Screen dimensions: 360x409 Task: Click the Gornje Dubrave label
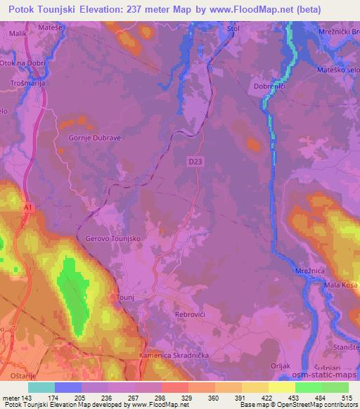(95, 138)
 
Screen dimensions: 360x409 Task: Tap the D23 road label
(196, 162)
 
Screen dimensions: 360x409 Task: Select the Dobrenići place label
(269, 86)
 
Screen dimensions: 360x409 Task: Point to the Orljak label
(280, 366)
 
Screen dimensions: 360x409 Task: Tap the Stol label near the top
(233, 28)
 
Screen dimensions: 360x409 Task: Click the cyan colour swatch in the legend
(41, 388)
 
